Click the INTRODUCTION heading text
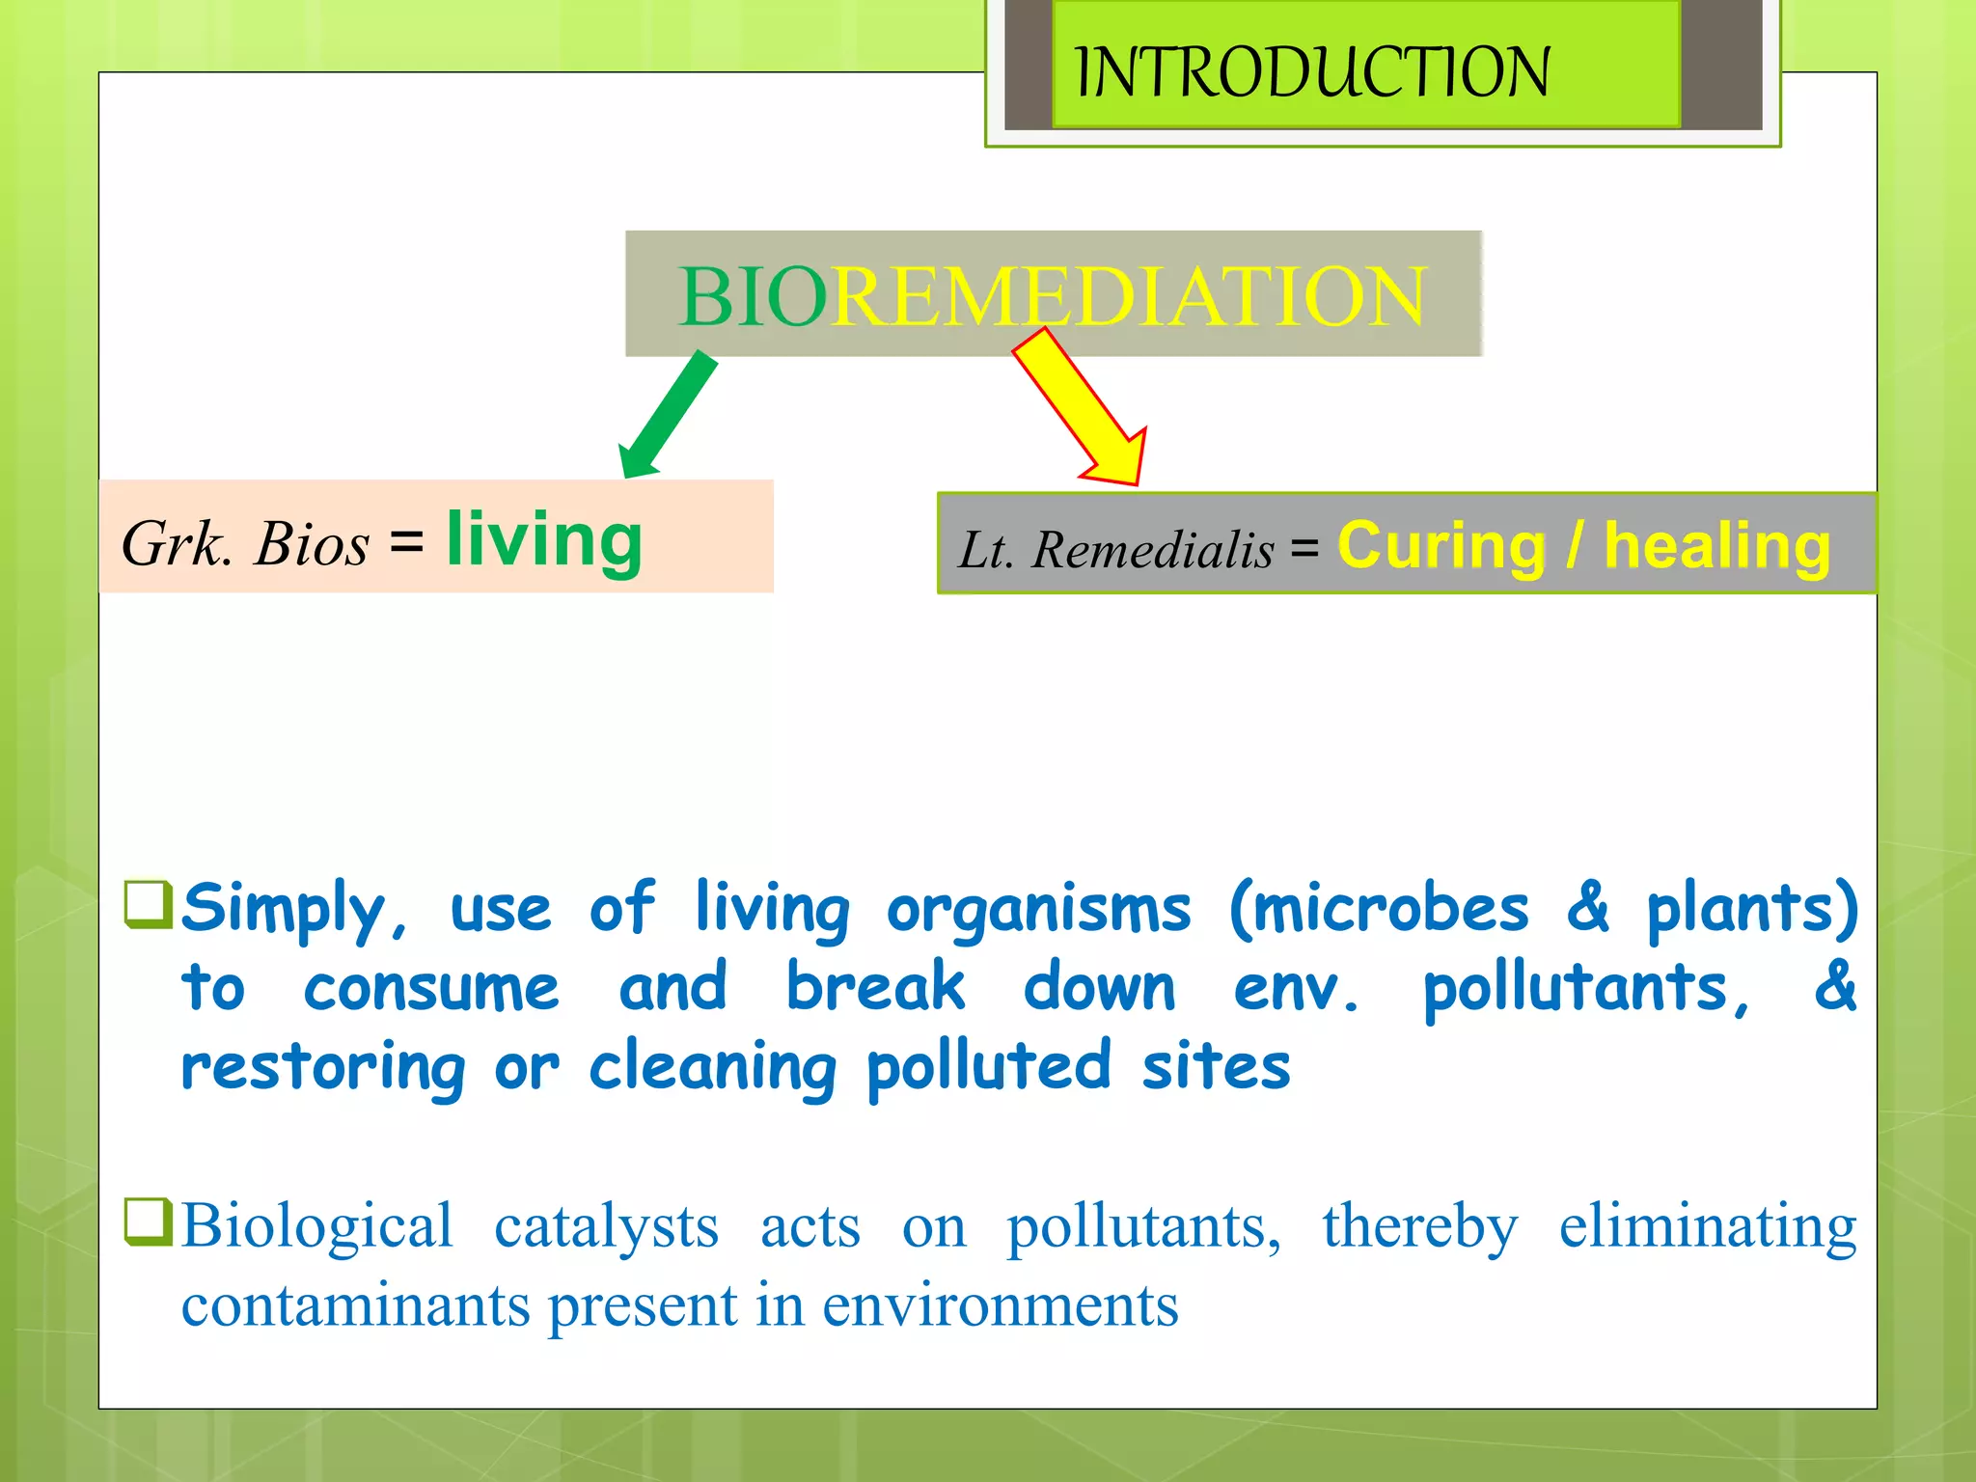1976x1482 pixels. point(1312,72)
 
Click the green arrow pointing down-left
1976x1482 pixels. point(668,415)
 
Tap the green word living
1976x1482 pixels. point(544,540)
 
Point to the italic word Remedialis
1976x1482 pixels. point(1153,550)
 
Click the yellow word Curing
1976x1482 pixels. point(1441,546)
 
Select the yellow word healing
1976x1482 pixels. point(1716,546)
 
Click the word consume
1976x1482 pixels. point(431,988)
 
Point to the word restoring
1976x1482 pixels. point(324,1067)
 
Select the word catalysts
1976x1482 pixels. point(606,1227)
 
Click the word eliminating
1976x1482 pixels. point(1708,1227)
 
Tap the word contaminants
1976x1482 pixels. point(355,1306)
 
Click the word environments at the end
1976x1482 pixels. point(1000,1306)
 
